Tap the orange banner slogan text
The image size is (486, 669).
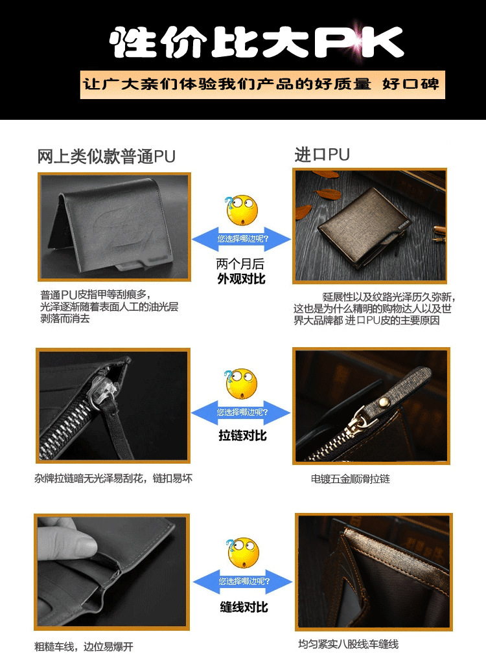[261, 84]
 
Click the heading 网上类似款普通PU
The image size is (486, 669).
[106, 157]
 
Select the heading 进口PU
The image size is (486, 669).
[322, 154]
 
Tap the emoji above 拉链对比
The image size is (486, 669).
[241, 384]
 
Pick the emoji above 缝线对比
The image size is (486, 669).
[243, 553]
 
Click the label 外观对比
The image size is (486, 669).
[241, 278]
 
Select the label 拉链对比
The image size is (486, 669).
[242, 435]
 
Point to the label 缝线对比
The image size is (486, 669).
[244, 607]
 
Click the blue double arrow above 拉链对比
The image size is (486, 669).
[241, 413]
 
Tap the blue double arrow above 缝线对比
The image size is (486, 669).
[242, 582]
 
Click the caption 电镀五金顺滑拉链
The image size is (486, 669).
[350, 479]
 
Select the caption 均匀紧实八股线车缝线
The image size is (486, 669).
[348, 644]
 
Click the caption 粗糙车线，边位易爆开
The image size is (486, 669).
[84, 646]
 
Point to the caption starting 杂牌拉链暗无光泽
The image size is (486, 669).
[113, 479]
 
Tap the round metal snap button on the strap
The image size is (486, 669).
[384, 402]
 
